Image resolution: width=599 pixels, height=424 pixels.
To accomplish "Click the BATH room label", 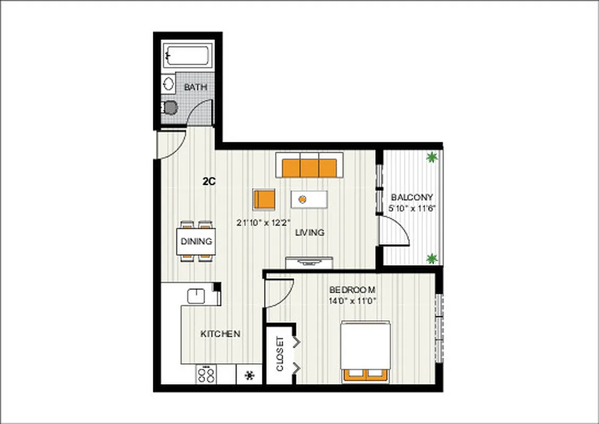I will tap(196, 87).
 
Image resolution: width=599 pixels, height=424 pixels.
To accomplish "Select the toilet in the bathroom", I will tap(170, 108).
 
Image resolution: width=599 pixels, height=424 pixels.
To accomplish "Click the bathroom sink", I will tap(169, 84).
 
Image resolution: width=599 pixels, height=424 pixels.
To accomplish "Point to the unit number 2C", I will tap(208, 181).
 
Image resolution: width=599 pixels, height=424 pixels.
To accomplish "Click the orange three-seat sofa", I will tap(310, 166).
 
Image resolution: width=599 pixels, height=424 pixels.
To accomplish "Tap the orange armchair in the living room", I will tap(264, 199).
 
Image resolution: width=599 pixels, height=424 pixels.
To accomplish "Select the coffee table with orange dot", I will tap(309, 199).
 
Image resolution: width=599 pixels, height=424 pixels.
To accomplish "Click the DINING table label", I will tap(196, 241).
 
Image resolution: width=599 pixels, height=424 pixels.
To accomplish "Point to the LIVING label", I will tap(310, 232).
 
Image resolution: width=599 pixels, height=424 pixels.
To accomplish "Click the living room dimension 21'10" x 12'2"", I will tap(263, 223).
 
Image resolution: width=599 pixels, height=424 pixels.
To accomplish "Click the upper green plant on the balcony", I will tap(433, 157).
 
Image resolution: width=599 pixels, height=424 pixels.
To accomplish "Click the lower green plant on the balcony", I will tap(433, 258).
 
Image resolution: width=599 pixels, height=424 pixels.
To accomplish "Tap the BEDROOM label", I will tap(353, 290).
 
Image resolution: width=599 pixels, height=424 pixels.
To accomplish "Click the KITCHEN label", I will tap(221, 334).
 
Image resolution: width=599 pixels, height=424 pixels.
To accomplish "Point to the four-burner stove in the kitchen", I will tap(206, 375).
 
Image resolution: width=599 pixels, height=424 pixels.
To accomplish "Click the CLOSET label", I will tap(279, 354).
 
